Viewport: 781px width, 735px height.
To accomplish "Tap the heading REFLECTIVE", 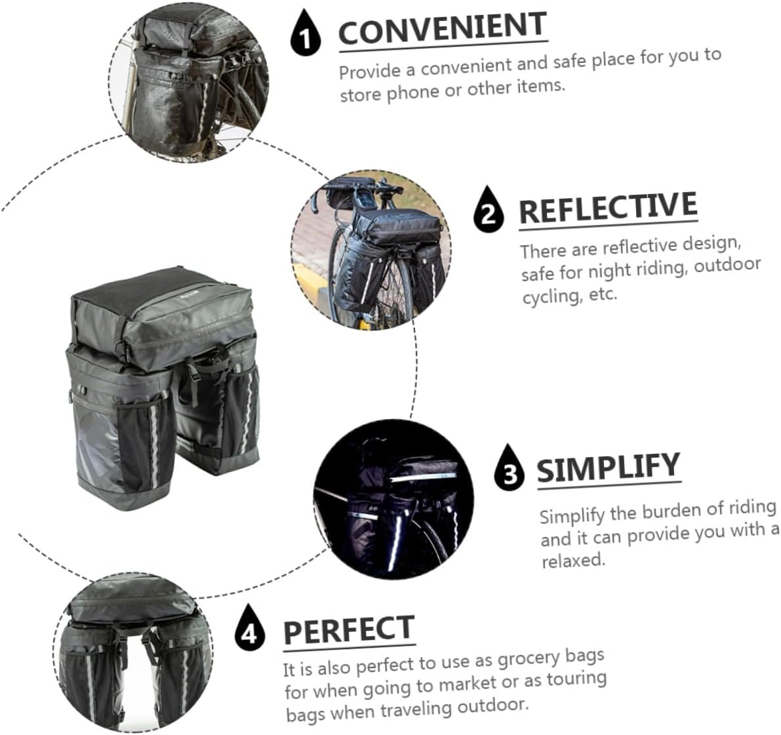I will (608, 209).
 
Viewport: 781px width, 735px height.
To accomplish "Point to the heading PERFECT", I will (349, 631).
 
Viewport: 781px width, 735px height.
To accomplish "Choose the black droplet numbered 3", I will (510, 468).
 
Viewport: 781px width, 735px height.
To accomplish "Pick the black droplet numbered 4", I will (249, 629).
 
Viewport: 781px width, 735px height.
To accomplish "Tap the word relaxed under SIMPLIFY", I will (572, 561).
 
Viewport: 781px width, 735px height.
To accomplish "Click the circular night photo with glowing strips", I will (393, 502).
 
